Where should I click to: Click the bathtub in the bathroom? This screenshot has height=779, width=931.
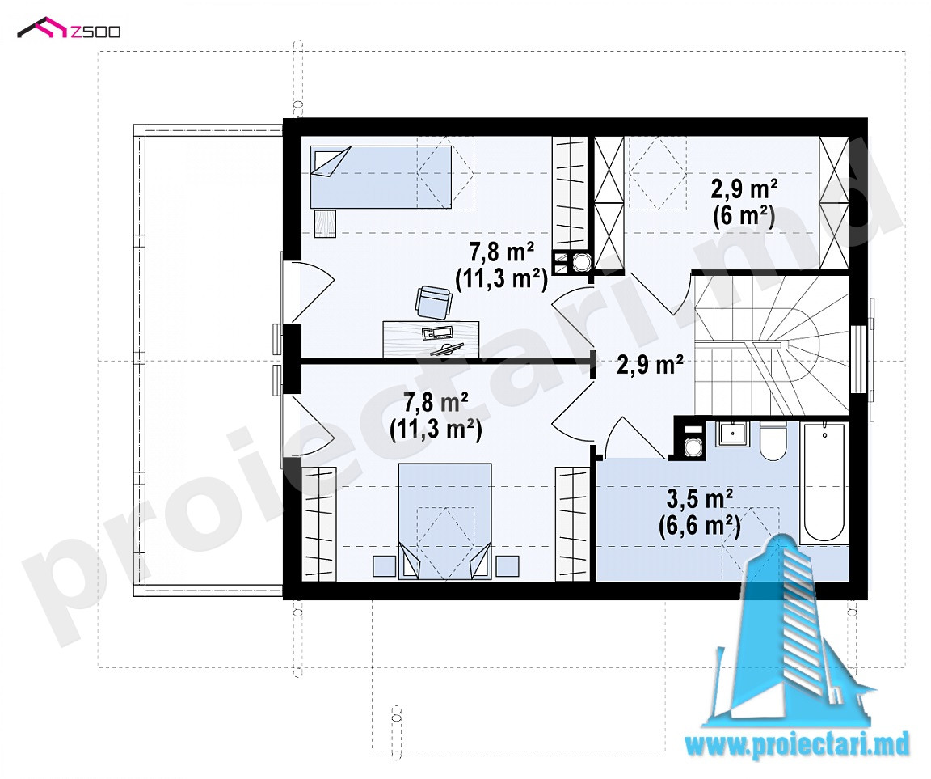coord(823,482)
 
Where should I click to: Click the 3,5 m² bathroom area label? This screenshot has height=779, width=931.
coord(699,499)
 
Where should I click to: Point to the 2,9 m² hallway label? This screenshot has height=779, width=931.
coord(650,364)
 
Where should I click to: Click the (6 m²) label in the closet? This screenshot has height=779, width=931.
coord(744,216)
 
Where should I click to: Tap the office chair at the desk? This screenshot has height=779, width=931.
coord(433,301)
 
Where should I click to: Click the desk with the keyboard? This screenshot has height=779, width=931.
coord(431,339)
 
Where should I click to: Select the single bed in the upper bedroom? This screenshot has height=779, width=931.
coord(381,177)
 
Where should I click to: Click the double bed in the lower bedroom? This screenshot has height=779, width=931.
coord(444,520)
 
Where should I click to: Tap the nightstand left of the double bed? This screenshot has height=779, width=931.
coord(384,565)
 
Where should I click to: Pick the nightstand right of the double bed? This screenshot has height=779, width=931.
coord(507,565)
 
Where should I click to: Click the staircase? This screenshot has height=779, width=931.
coord(771,344)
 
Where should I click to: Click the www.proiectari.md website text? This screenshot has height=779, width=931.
coord(797,746)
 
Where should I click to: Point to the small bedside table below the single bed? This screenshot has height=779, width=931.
coord(325,223)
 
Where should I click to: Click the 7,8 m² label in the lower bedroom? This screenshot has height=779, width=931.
coord(436,402)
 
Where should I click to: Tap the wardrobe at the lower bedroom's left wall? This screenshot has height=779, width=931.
coord(319,523)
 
